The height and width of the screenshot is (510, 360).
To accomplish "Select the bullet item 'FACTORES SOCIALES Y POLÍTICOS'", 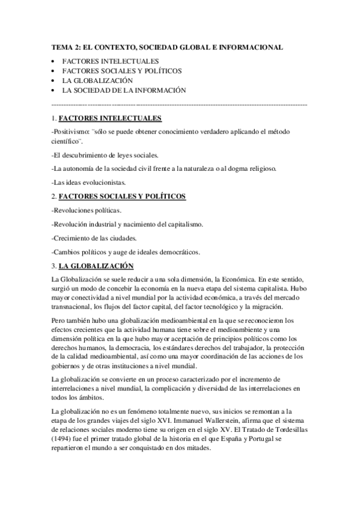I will (x=122, y=71).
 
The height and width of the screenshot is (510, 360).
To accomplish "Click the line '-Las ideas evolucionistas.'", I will (x=89, y=182).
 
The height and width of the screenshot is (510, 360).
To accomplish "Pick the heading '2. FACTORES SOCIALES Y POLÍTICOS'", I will (x=119, y=197).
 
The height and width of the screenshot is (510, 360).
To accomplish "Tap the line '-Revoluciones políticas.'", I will (x=87, y=210).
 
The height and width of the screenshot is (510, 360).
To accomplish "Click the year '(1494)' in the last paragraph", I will (x=64, y=439).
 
